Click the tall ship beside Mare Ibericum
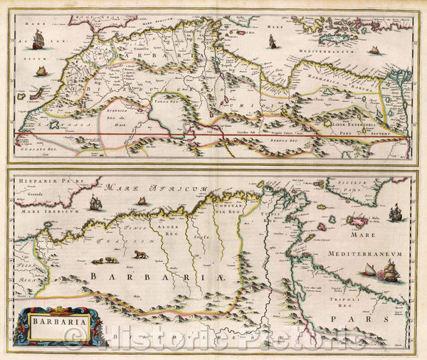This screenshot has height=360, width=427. click(95, 203)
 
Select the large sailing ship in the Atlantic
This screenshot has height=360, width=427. click(38, 41)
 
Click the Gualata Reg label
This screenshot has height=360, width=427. click(36, 148)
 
